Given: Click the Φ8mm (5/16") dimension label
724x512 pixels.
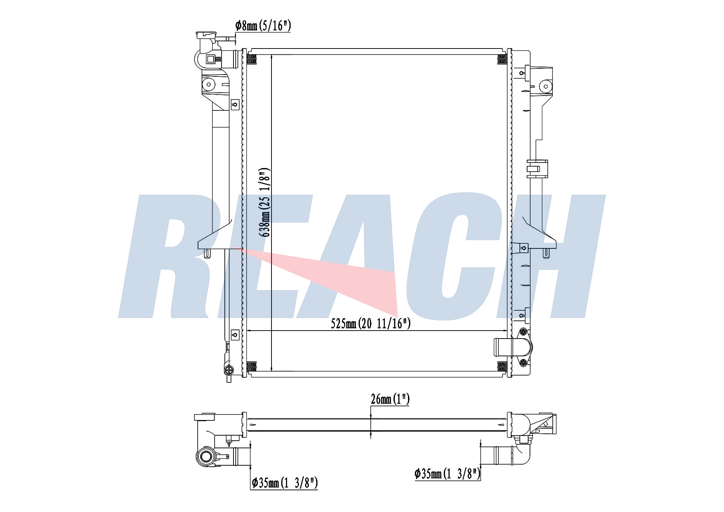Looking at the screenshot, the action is [x=263, y=26].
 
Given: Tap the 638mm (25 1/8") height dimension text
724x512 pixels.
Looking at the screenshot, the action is [x=264, y=202].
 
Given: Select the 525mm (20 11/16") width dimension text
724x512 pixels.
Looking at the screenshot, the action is [x=371, y=323].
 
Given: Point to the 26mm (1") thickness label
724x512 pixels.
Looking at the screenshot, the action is [x=390, y=399].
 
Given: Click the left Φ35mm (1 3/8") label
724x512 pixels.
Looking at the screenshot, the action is [x=285, y=483].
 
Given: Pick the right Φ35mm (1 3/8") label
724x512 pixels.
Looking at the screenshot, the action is [x=447, y=474].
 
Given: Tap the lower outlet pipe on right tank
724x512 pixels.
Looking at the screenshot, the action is [x=503, y=347].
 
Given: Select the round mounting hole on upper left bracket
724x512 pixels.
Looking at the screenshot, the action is [x=209, y=85].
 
